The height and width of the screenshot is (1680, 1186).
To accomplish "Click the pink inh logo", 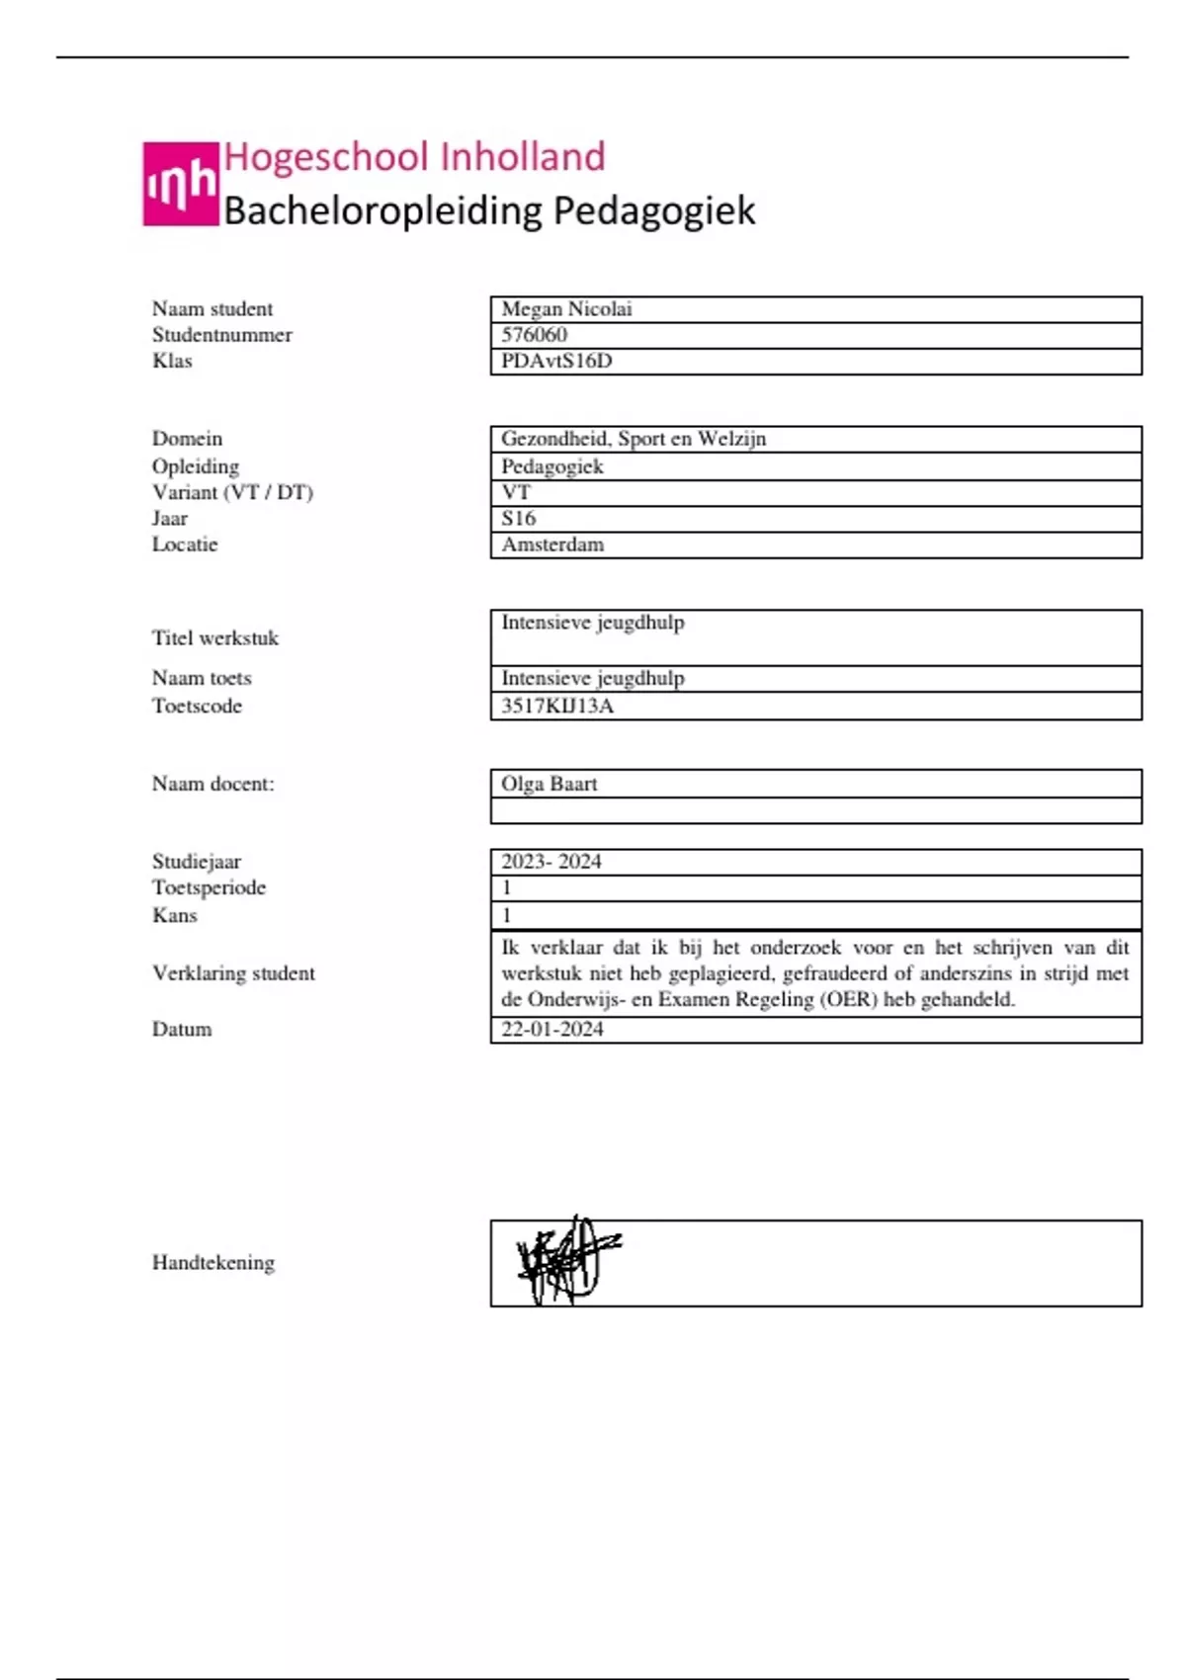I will click(180, 184).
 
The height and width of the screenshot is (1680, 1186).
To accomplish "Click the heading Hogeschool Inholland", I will click(414, 157).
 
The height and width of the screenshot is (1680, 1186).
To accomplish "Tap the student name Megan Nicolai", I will click(566, 309).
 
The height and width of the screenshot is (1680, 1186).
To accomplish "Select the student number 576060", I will click(534, 335).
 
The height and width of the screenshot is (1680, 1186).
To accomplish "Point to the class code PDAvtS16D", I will click(556, 361).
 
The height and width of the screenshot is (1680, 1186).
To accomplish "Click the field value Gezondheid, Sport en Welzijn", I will click(634, 439).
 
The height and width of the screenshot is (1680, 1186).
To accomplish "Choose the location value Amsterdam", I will click(552, 545).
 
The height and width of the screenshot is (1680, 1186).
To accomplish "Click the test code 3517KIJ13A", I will click(557, 706).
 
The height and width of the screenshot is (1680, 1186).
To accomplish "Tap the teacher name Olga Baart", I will click(549, 784).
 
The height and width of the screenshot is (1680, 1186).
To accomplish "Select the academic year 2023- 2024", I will click(551, 862).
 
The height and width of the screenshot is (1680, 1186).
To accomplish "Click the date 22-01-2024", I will click(552, 1029).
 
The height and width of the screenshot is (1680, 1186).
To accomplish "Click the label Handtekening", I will click(213, 1263).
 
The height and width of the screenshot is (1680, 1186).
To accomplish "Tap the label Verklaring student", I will click(233, 973).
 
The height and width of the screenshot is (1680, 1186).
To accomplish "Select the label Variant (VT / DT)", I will click(232, 492).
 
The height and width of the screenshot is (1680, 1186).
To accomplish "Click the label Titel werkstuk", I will click(215, 638).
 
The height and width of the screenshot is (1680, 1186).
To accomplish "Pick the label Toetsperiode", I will click(209, 887).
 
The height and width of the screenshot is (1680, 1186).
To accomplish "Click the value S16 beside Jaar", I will click(518, 518).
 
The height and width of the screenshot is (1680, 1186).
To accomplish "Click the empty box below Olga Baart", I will click(815, 811).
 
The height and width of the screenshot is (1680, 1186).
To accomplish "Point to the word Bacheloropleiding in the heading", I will click(383, 210).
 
